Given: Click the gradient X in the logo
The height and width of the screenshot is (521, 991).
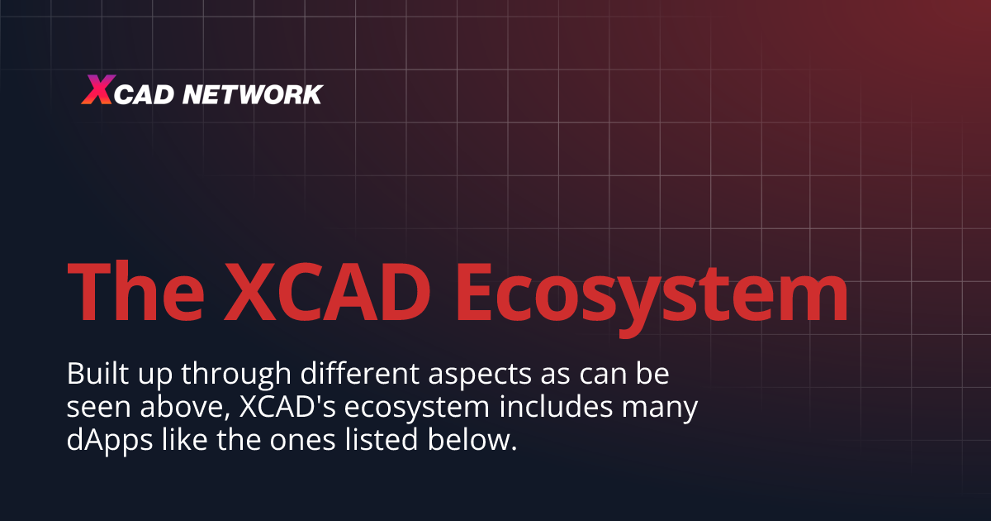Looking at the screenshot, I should (x=96, y=90).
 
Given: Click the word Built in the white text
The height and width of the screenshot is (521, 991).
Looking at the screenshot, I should (x=92, y=374).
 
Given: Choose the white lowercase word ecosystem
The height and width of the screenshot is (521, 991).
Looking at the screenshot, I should (x=407, y=409).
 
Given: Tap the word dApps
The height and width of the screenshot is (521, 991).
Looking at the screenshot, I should (x=101, y=441).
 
